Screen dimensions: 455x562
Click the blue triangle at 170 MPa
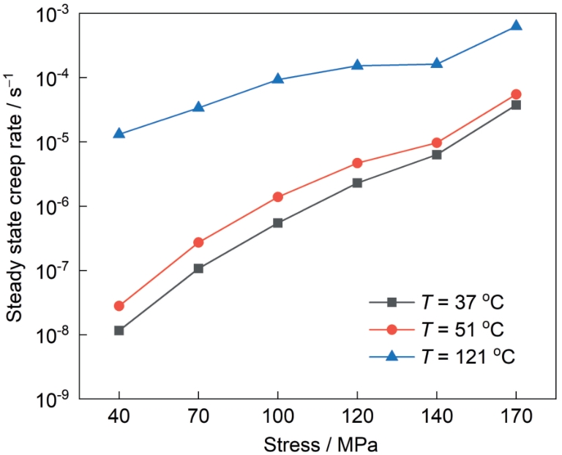coord(516,26)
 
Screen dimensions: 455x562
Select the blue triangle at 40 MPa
coord(119,134)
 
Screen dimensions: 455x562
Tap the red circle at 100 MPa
coord(278,197)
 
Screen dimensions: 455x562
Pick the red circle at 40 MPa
coord(119,306)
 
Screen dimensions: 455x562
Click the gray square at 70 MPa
coord(198,268)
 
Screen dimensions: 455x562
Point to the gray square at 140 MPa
coord(437,154)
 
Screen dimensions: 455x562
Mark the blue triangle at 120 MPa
coord(357,65)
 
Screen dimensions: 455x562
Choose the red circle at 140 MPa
coord(437,143)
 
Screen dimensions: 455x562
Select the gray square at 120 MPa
coord(357,183)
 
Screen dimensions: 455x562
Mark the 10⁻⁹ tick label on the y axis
coord(54,399)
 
